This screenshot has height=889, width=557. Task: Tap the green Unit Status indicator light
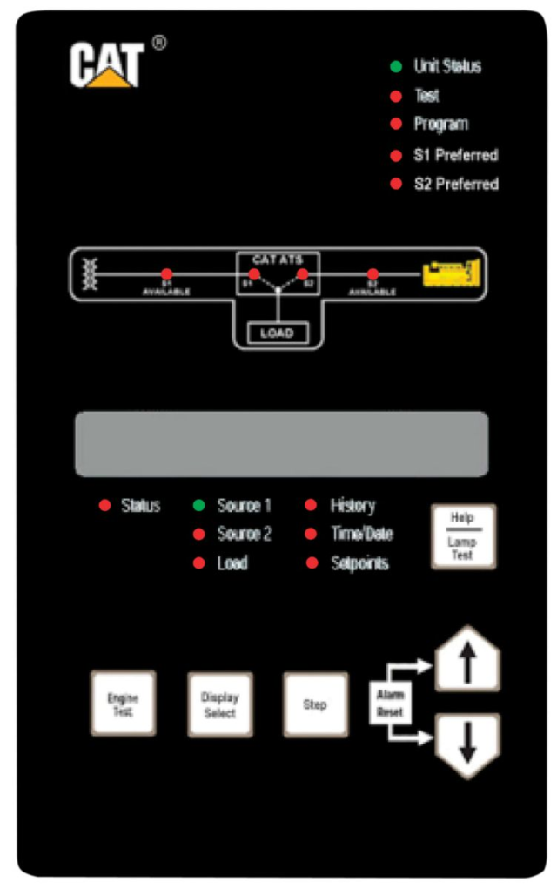click(395, 66)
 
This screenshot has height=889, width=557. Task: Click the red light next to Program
click(395, 125)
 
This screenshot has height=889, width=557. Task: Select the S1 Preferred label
click(455, 155)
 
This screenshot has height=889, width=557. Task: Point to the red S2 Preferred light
click(395, 185)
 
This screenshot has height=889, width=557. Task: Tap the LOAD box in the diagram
click(277, 332)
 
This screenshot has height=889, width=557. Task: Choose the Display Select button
click(220, 704)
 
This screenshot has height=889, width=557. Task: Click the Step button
click(315, 704)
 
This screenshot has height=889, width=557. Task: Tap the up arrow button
click(467, 661)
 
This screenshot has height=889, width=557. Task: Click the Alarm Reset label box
click(390, 703)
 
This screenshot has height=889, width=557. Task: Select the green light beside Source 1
click(198, 506)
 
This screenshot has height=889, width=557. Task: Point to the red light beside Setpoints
click(312, 563)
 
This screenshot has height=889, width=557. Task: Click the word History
click(352, 506)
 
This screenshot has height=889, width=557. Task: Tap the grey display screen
click(280, 444)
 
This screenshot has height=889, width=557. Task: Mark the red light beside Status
click(104, 506)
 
